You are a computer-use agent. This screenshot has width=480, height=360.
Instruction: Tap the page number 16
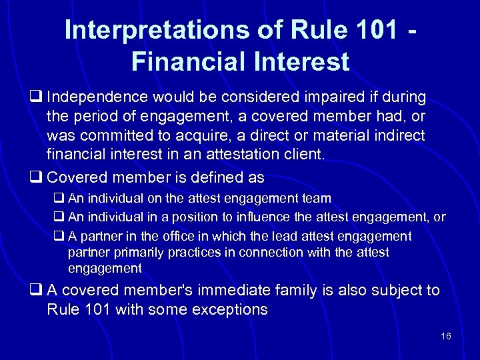pyautogui.click(x=446, y=336)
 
